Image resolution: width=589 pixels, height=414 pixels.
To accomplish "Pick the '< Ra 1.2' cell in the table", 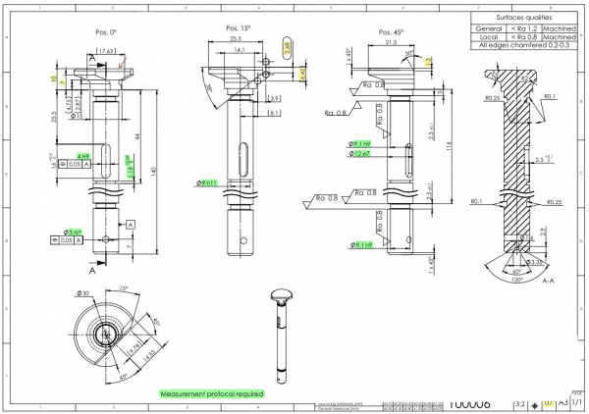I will pyautogui.click(x=523, y=27).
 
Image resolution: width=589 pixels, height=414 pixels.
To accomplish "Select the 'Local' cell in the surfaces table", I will pyautogui.click(x=488, y=36).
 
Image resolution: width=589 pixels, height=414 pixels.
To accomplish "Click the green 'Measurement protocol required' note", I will pyautogui.click(x=211, y=392).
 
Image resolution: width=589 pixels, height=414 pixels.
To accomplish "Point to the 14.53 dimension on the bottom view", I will pyautogui.click(x=147, y=356).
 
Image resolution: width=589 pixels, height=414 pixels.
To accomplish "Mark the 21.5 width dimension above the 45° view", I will pyautogui.click(x=390, y=42).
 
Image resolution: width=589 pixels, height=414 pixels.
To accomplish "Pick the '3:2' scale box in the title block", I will pyautogui.click(x=519, y=401).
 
